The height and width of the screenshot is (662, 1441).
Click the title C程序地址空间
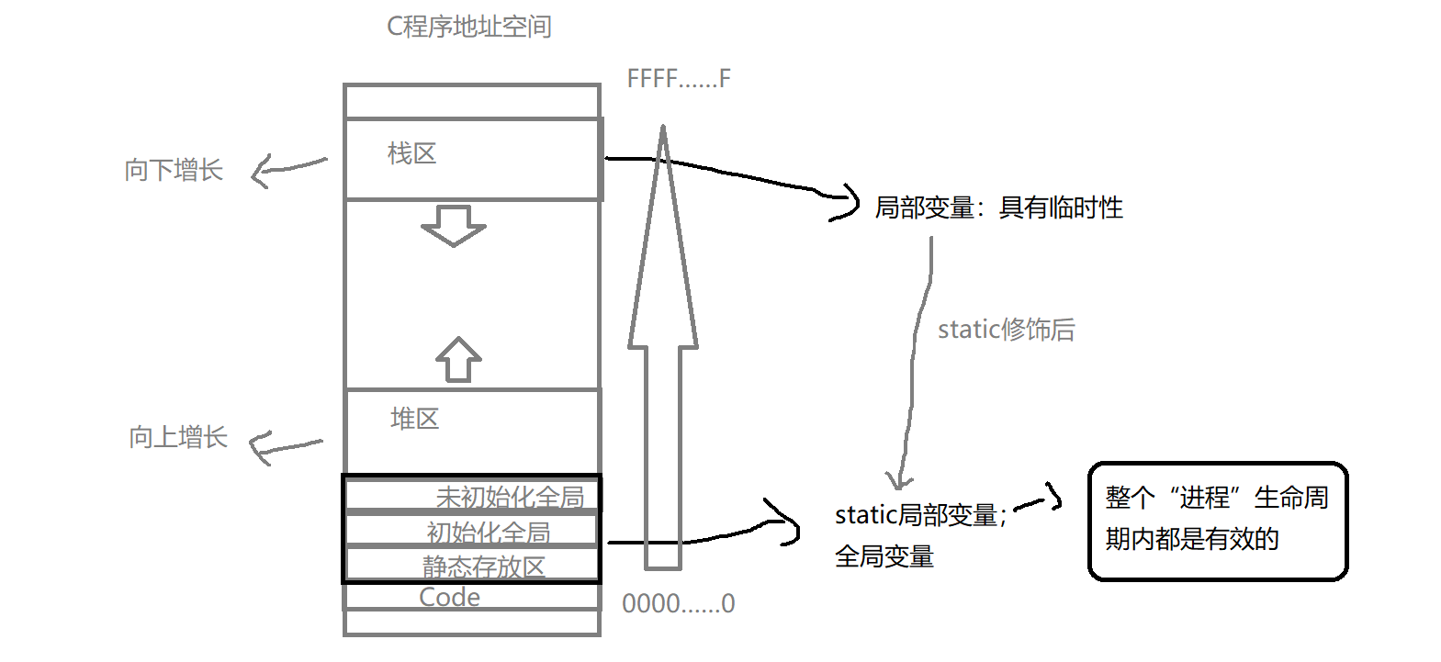468,27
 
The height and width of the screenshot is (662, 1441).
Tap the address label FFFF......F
678,79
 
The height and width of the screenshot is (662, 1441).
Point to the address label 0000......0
678,603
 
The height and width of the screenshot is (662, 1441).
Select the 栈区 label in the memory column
411,153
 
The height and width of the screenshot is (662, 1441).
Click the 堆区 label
414,419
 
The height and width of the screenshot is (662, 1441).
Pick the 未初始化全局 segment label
510,497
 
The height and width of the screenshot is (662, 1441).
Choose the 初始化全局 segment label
488,532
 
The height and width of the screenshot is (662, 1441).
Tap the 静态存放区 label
483,567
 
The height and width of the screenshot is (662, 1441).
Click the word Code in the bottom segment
449,597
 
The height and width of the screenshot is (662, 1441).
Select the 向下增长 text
174,170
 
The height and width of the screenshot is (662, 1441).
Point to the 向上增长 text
177,437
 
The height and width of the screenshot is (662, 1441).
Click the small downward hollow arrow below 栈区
453,225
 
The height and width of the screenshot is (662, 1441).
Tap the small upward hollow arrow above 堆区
458,359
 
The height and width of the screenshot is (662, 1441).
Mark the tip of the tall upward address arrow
662,130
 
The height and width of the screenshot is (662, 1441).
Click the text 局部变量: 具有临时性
998,208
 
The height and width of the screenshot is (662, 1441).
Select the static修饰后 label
1006,330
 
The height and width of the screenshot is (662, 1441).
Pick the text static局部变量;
920,515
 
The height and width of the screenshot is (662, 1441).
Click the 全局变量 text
884,556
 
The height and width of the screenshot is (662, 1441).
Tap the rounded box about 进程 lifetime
1217,521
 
